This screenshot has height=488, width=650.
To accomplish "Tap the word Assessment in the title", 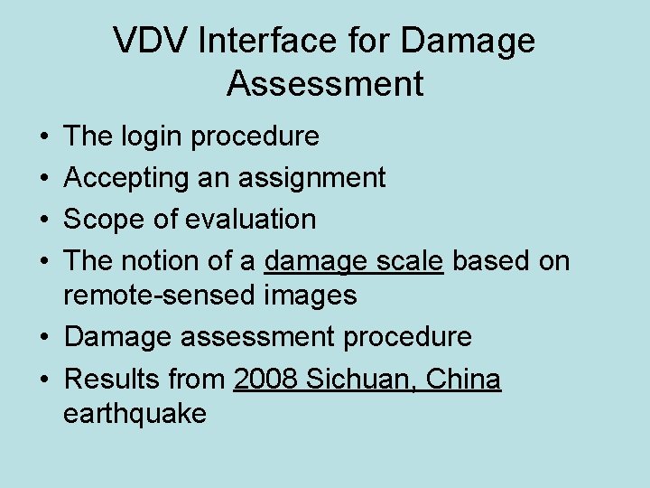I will pyautogui.click(x=325, y=83).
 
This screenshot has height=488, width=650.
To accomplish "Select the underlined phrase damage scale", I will pyautogui.click(x=354, y=261).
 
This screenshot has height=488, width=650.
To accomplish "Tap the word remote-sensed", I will pyautogui.click(x=160, y=295).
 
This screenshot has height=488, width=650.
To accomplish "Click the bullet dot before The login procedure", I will pyautogui.click(x=44, y=137).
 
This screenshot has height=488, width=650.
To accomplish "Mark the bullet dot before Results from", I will pyautogui.click(x=44, y=380).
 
